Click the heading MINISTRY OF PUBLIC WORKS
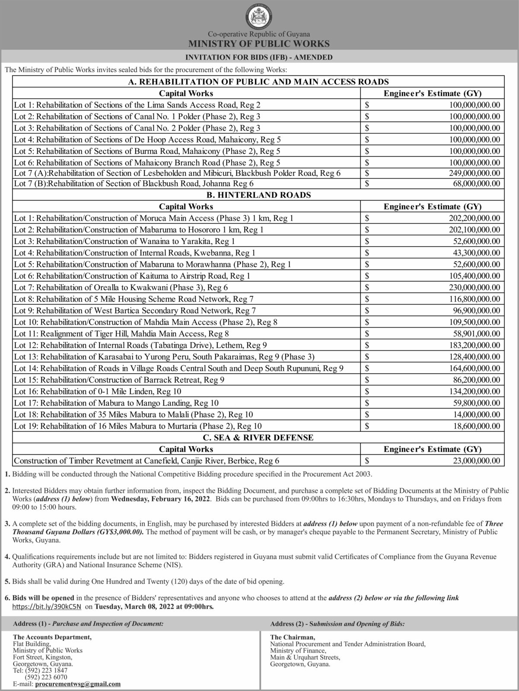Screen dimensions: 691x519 pyautogui.click(x=259, y=44)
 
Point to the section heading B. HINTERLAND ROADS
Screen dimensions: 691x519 pyautogui.click(x=259, y=195)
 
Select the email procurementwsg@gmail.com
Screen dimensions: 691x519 pyautogui.click(x=78, y=684)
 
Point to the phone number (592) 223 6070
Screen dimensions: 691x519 pyautogui.click(x=47, y=678)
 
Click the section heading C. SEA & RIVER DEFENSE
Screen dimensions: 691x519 pyautogui.click(x=259, y=437)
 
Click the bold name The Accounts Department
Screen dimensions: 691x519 pyautogui.click(x=52, y=637)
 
